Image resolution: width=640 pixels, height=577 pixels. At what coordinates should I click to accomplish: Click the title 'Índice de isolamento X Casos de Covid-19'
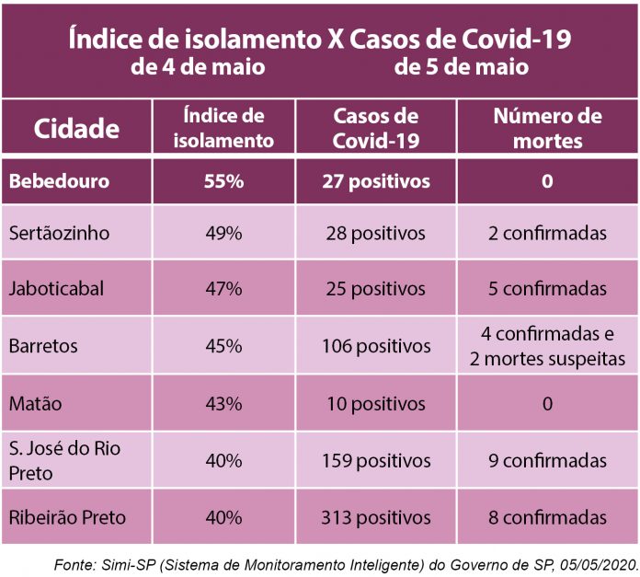pyautogui.click(x=319, y=40)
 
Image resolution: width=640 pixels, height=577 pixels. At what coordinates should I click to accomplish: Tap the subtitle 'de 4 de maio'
pyautogui.click(x=198, y=68)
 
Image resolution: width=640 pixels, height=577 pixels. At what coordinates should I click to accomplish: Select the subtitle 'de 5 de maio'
pyautogui.click(x=461, y=68)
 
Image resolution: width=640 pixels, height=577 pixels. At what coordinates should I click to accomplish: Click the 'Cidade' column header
pyautogui.click(x=76, y=128)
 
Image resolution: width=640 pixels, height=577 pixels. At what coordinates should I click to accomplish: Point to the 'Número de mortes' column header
pyautogui.click(x=546, y=128)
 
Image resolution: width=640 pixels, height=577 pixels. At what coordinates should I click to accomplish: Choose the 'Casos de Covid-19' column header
pyautogui.click(x=375, y=128)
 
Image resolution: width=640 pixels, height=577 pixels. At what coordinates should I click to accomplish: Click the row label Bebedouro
pyautogui.click(x=59, y=181)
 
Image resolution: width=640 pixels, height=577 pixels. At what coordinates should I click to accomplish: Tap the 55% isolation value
pyautogui.click(x=223, y=181)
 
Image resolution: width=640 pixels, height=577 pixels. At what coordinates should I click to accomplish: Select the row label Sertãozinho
pyautogui.click(x=59, y=233)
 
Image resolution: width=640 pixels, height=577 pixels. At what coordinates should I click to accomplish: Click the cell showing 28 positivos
pyautogui.click(x=375, y=234)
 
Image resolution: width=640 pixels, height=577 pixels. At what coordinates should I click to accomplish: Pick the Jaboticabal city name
pyautogui.click(x=56, y=288)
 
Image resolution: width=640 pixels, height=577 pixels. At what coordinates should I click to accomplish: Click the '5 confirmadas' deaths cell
pyautogui.click(x=547, y=289)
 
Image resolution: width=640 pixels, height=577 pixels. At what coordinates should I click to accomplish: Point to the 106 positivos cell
pyautogui.click(x=375, y=347)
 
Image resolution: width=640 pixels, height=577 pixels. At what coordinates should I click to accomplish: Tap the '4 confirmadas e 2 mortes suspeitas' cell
pyautogui.click(x=547, y=346)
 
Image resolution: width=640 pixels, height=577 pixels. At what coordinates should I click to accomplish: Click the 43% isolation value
pyautogui.click(x=223, y=404)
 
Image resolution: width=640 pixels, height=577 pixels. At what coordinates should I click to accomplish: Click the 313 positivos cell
pyautogui.click(x=375, y=517)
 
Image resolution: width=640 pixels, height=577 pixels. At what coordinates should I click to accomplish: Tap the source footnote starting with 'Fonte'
pyautogui.click(x=346, y=560)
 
